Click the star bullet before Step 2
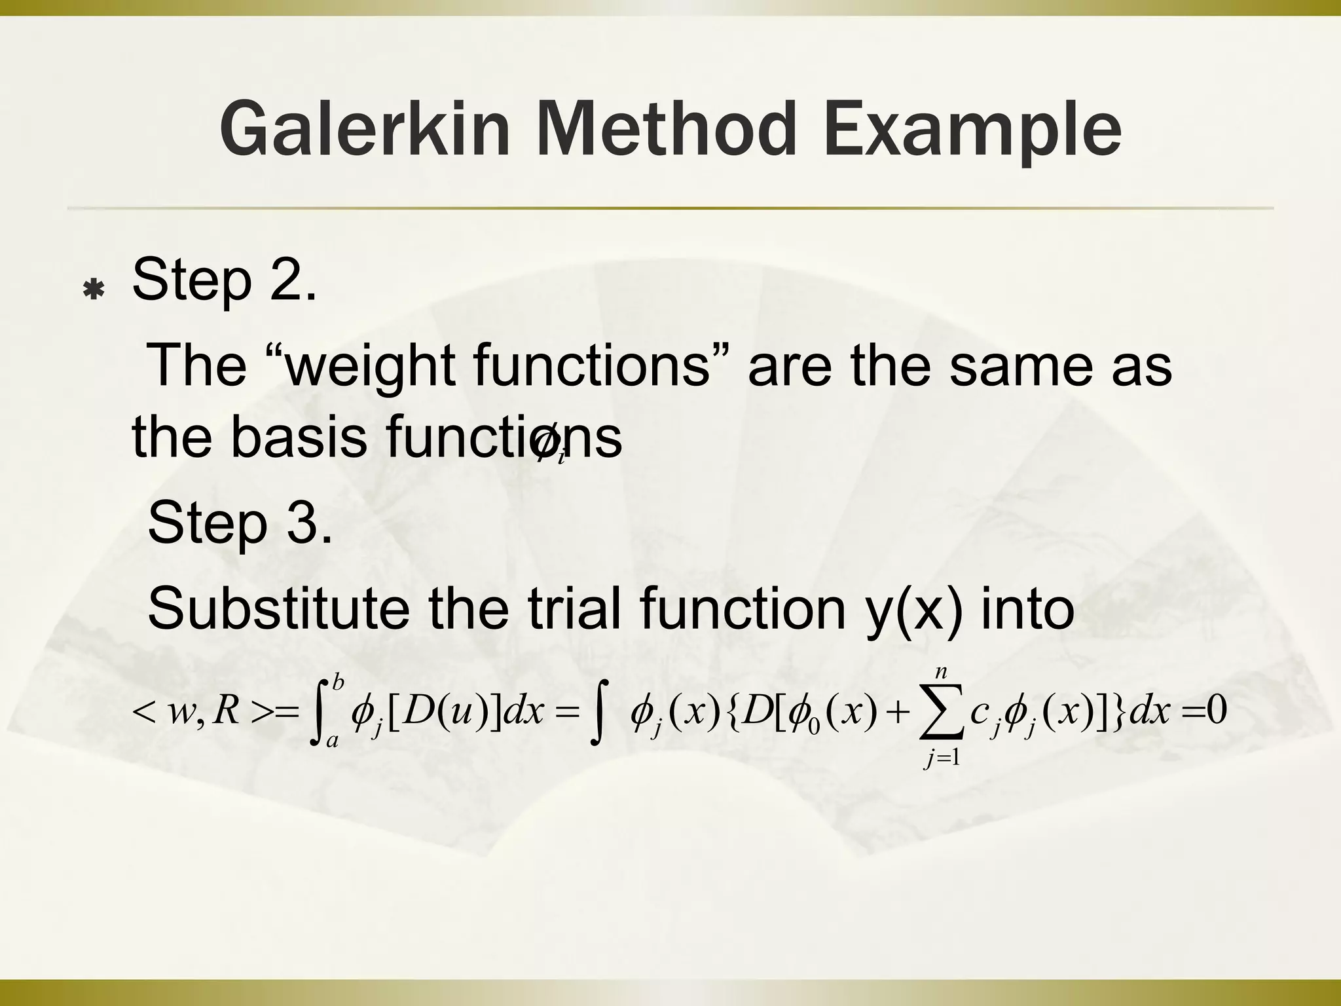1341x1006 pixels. coord(94,289)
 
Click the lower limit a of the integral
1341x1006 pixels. coord(332,741)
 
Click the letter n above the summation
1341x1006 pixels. coord(941,671)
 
